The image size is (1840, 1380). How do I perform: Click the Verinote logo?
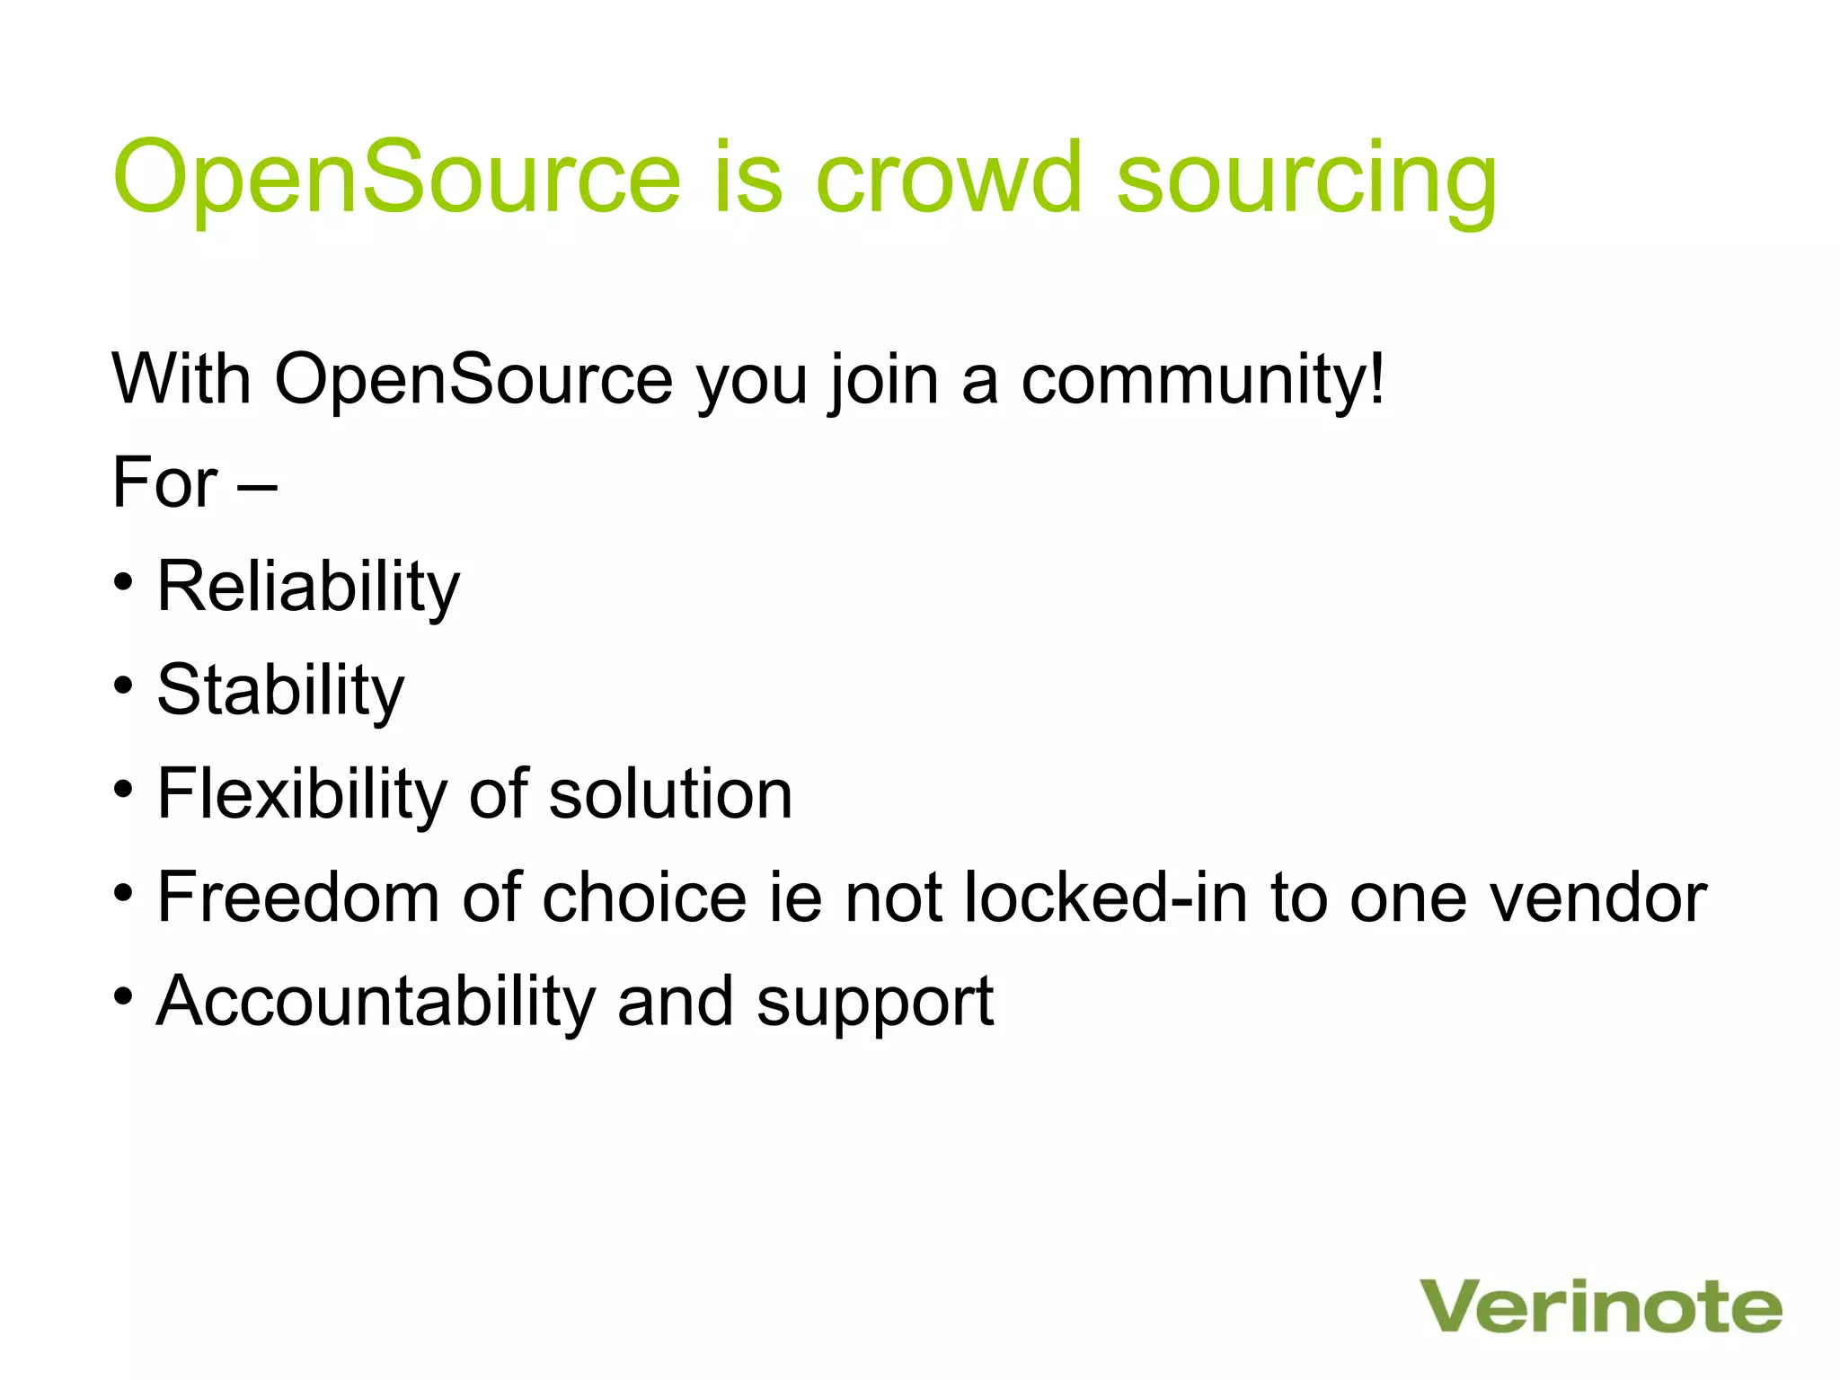click(1600, 1306)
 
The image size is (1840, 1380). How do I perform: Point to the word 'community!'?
click(1203, 379)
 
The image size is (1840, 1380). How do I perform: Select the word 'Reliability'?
click(308, 587)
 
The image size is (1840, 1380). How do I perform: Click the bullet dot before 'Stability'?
click(124, 686)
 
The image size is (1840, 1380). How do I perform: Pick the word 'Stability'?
click(280, 690)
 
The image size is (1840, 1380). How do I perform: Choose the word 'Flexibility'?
click(302, 794)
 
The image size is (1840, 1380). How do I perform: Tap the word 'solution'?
click(670, 794)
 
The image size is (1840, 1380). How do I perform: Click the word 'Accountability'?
click(376, 1001)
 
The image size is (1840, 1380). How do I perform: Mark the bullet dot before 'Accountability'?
click(124, 996)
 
